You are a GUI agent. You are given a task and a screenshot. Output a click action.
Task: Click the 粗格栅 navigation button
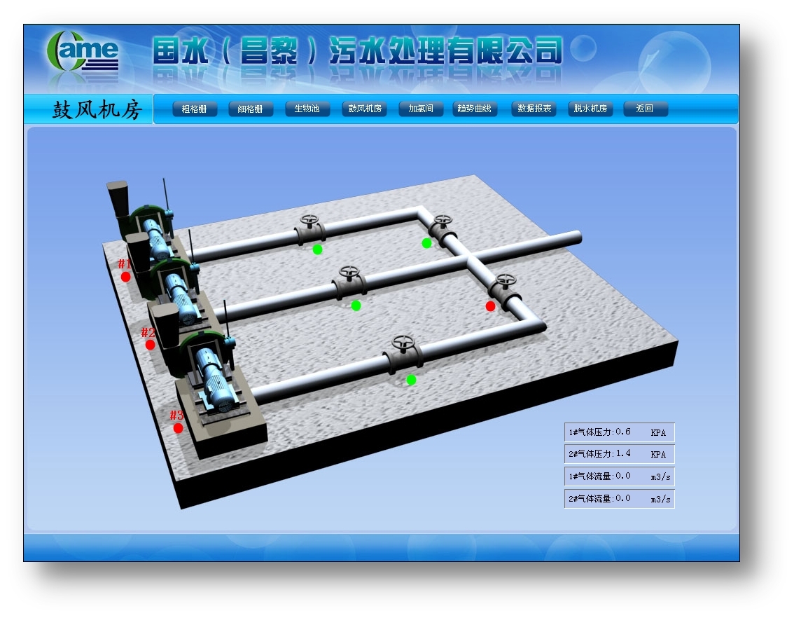195,109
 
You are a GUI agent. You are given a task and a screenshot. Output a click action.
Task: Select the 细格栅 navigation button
251,109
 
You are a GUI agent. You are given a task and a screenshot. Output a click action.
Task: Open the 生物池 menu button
307,109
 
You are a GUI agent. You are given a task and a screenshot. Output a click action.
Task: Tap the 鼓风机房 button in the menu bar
365,109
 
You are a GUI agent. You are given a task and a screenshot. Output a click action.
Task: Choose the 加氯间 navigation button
421,109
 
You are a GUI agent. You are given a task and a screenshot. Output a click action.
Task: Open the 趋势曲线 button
475,109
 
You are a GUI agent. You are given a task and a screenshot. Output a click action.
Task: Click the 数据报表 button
534,109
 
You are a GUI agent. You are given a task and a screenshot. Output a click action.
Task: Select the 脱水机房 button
590,109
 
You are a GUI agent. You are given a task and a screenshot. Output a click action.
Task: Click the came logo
83,51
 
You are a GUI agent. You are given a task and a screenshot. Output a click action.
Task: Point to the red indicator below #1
125,277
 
